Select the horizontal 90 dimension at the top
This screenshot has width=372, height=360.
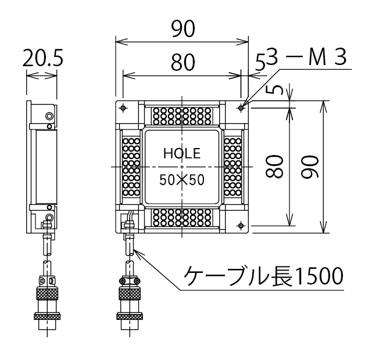tap(183, 29)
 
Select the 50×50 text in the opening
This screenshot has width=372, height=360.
tap(182, 180)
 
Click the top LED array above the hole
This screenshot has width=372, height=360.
tap(182, 116)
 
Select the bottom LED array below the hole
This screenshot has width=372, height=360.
tap(182, 218)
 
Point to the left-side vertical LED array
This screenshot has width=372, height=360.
tap(131, 167)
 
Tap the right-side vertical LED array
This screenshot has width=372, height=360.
tap(234, 167)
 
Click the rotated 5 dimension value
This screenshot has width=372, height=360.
tap(277, 89)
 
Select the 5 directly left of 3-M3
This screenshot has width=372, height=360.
tap(261, 60)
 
